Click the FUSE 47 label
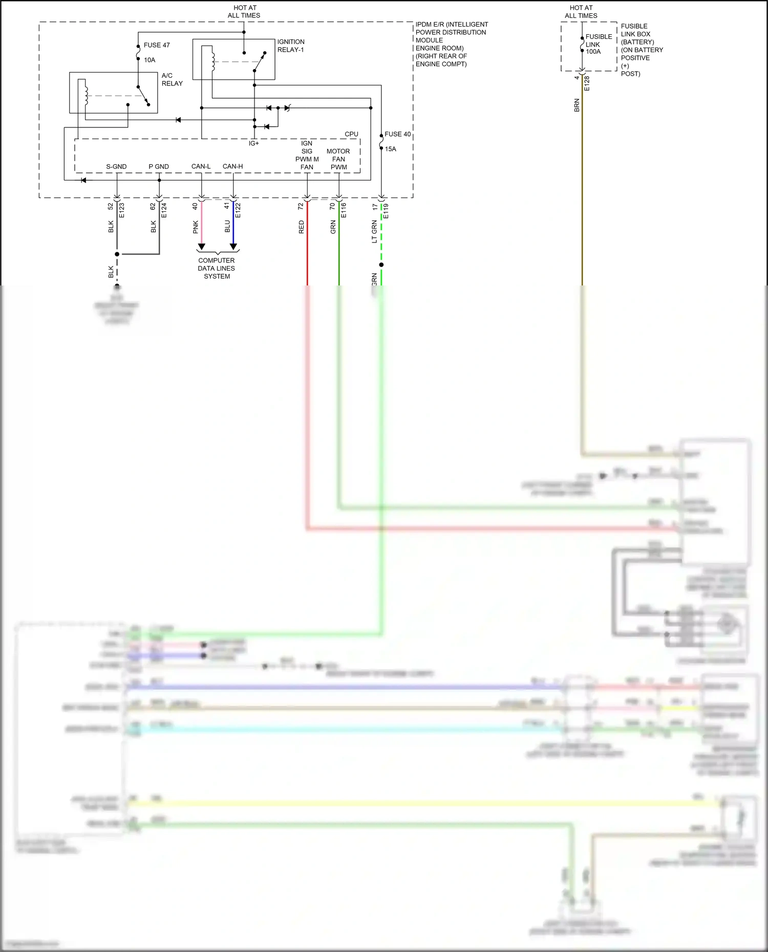(x=156, y=45)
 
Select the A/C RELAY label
(x=172, y=79)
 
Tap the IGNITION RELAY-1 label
(x=290, y=46)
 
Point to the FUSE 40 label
(x=397, y=134)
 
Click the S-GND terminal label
(x=116, y=167)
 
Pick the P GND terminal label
(x=159, y=167)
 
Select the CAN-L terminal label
(x=201, y=166)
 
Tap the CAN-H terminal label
(x=232, y=166)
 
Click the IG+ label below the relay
(x=254, y=143)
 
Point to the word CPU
(x=351, y=134)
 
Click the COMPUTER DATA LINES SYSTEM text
(x=217, y=268)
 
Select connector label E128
(x=587, y=83)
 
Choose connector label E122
(x=238, y=210)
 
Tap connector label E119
(x=386, y=211)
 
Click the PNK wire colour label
(x=196, y=227)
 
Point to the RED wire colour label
(x=301, y=227)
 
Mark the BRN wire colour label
(x=577, y=105)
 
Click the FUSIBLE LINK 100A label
(x=598, y=44)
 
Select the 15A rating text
(x=390, y=149)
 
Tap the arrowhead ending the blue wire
(x=233, y=247)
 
